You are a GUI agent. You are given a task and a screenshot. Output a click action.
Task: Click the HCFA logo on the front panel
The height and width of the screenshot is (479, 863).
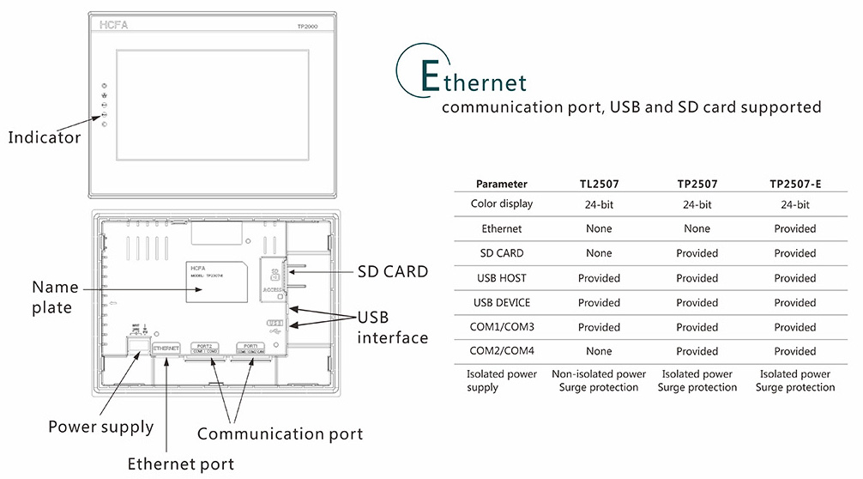pos(112,26)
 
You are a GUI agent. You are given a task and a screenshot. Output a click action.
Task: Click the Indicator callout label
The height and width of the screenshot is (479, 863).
pos(45,137)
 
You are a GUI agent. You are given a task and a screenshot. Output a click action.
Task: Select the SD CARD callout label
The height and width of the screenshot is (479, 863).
pos(392,271)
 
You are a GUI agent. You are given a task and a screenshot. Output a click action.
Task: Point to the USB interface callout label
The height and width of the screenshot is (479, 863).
pos(392,328)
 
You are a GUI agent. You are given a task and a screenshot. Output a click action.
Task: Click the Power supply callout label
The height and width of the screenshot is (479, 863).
pos(100,427)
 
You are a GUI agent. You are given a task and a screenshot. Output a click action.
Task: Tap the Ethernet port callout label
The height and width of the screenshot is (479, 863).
pos(180,464)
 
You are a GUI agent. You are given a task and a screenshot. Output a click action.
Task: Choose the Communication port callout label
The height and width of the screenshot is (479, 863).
pos(280,434)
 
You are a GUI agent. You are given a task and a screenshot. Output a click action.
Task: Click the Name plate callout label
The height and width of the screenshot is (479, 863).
pos(55,297)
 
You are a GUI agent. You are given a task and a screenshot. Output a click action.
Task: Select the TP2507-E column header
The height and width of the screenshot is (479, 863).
pos(794,184)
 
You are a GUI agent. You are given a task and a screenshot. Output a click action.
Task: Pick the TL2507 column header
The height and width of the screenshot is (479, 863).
pos(599,184)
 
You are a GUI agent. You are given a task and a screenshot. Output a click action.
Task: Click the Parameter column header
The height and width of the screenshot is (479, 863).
pos(502,184)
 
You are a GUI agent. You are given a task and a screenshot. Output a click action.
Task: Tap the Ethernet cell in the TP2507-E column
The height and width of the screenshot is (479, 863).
pos(794,229)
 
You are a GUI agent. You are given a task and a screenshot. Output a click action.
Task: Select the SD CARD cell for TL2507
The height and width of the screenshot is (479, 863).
pos(599,253)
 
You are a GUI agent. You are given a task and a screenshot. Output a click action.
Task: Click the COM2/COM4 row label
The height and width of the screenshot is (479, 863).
pos(502,351)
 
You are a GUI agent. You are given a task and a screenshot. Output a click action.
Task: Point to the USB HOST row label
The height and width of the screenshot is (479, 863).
pos(502,278)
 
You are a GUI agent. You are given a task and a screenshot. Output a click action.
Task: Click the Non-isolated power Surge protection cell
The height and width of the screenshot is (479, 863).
pos(599,381)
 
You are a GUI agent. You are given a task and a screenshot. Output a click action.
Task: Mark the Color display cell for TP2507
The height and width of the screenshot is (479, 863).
pos(697,204)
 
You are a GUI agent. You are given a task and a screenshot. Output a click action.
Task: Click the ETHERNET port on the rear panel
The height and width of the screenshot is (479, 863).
pos(166,348)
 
